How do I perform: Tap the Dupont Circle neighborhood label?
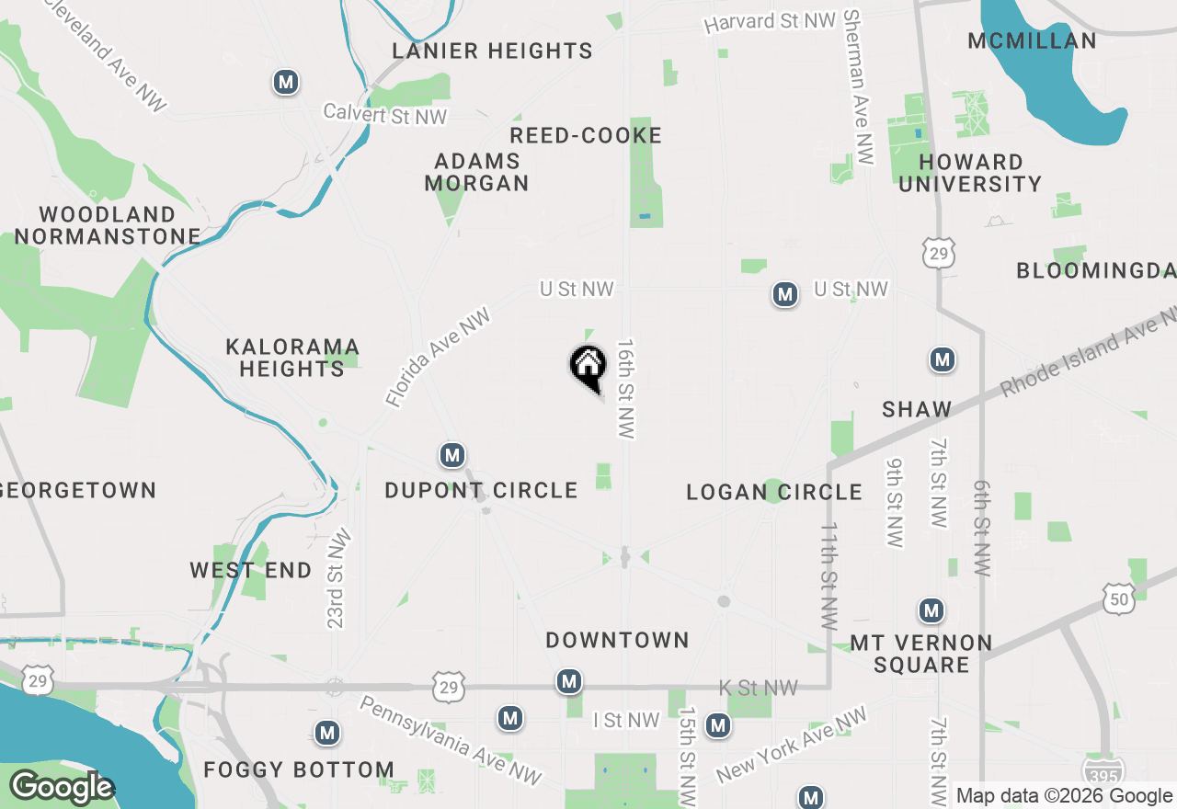pos(481,491)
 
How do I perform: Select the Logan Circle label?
pos(774,493)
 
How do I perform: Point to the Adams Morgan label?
pos(476,172)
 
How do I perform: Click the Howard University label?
pos(970,173)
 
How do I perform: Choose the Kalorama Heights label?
pos(292,358)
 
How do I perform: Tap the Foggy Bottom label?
pos(299,769)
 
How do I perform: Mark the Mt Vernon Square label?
pos(921,654)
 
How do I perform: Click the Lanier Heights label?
pos(493,51)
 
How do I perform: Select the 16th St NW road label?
pos(627,388)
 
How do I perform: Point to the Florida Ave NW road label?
pos(439,358)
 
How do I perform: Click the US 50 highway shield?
pos(1118,598)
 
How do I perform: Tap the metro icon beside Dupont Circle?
pos(451,455)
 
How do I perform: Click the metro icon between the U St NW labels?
pos(784,295)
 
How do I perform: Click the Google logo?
pos(62,787)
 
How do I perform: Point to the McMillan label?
pos(1032,40)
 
